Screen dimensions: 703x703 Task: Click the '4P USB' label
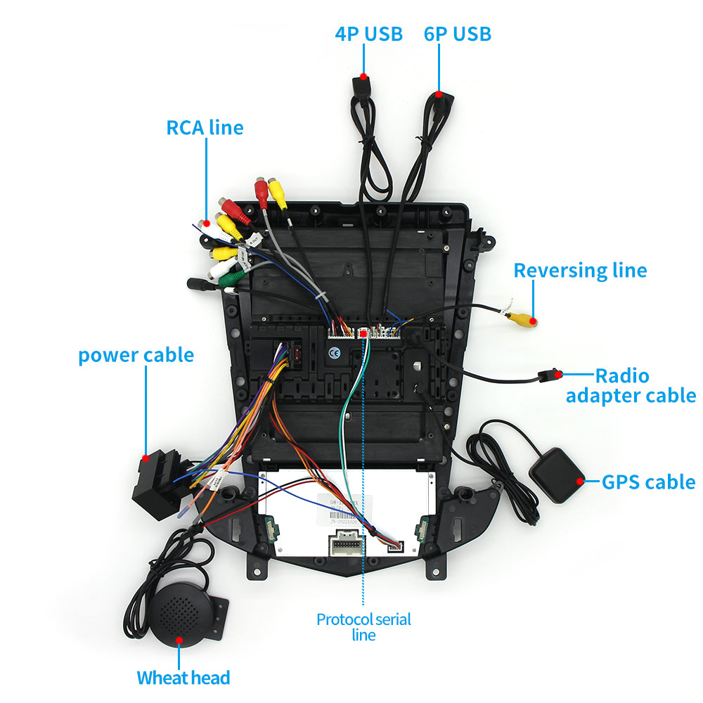tap(368, 33)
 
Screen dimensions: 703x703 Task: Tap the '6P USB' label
tap(457, 33)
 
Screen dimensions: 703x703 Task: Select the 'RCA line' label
tap(205, 127)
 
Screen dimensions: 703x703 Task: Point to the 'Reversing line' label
tap(580, 270)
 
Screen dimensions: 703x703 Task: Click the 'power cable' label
tap(136, 354)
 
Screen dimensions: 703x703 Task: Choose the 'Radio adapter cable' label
tap(631, 385)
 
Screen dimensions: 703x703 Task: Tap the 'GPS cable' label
tap(648, 482)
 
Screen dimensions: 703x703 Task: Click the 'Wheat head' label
tap(183, 678)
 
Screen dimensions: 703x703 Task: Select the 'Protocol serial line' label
tap(363, 626)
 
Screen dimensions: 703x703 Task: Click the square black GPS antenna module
tap(557, 475)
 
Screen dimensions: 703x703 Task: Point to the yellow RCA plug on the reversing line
tap(522, 320)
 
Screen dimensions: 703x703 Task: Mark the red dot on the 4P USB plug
tap(363, 76)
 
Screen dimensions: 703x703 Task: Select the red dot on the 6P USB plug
tap(438, 93)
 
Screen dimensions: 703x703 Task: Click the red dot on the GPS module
tap(581, 482)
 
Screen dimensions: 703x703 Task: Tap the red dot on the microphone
tap(179, 640)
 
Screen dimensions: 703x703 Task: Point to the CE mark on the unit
tap(335, 353)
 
